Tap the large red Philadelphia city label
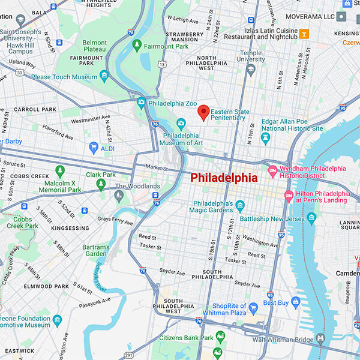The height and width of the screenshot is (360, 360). (x=224, y=178)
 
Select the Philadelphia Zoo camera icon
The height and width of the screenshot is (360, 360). (x=141, y=102)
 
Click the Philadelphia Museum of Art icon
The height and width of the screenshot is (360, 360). (x=181, y=124)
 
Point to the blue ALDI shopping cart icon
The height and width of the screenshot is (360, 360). (x=93, y=147)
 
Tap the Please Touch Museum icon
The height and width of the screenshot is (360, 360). (x=104, y=76)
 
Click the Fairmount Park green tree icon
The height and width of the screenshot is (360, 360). (x=137, y=44)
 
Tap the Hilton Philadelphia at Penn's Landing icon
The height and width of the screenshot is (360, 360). (x=288, y=196)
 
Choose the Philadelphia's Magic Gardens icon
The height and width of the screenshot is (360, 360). (x=240, y=206)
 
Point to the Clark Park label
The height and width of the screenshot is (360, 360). (x=101, y=175)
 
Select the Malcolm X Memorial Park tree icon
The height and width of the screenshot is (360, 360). (x=59, y=171)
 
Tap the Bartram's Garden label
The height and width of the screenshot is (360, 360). (x=97, y=250)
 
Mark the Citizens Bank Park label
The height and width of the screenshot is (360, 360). (x=186, y=338)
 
